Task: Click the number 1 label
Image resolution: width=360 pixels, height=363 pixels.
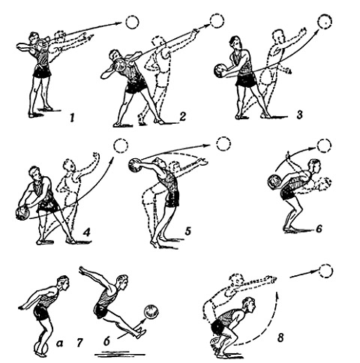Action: click(72, 118)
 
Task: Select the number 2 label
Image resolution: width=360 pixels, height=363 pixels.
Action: click(182, 116)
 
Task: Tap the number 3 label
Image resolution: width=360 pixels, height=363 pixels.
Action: click(299, 114)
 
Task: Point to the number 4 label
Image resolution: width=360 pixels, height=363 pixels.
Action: click(86, 232)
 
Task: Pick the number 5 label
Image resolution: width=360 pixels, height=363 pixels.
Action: click(188, 231)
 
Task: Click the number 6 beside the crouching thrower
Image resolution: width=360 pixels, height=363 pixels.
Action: click(319, 229)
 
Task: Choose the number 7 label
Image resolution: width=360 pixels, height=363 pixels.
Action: click(79, 343)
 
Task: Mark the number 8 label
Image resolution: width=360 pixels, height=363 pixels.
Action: click(280, 338)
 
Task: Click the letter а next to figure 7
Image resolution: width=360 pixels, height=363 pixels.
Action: click(59, 344)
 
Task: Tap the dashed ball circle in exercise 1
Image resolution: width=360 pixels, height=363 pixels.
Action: click(132, 22)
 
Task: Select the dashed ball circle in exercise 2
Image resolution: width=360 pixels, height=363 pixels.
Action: click(217, 21)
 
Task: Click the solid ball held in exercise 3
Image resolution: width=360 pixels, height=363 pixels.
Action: click(220, 70)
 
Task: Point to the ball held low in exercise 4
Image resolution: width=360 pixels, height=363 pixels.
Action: click(22, 214)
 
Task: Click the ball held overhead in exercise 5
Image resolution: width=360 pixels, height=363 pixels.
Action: click(135, 166)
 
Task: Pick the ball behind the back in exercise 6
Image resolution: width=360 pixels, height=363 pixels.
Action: click(274, 181)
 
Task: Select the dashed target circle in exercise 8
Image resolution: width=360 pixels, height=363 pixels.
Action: click(326, 271)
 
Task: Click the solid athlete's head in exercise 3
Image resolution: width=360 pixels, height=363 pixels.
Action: click(235, 43)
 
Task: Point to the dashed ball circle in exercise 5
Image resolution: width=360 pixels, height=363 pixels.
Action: click(223, 144)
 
